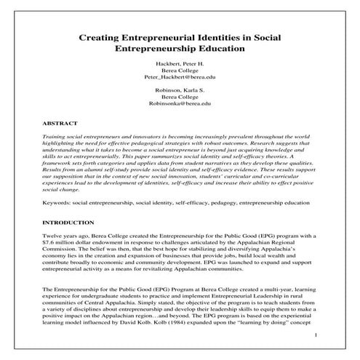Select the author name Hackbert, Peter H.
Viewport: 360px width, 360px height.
coord(180,64)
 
